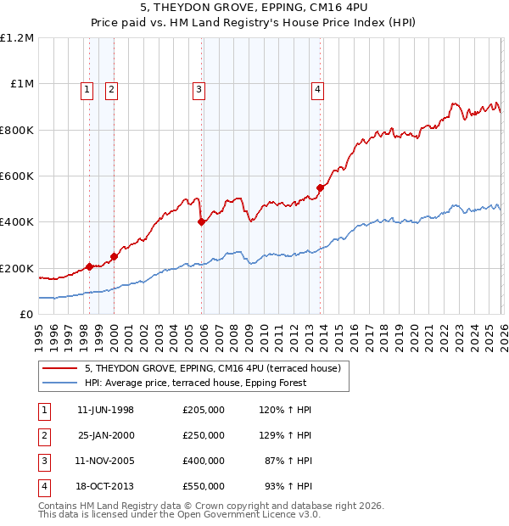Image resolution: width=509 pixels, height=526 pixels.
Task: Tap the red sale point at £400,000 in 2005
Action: coord(201,222)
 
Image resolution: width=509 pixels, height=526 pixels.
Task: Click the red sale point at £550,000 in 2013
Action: coord(320,187)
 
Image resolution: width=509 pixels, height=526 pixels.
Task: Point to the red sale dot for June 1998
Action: coord(89,266)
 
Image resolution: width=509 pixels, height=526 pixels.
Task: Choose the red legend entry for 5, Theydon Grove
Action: coord(212,368)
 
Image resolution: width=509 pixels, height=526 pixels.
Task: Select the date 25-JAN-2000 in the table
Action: coord(105,435)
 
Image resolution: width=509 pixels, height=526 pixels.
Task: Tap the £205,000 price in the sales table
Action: coord(203,410)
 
